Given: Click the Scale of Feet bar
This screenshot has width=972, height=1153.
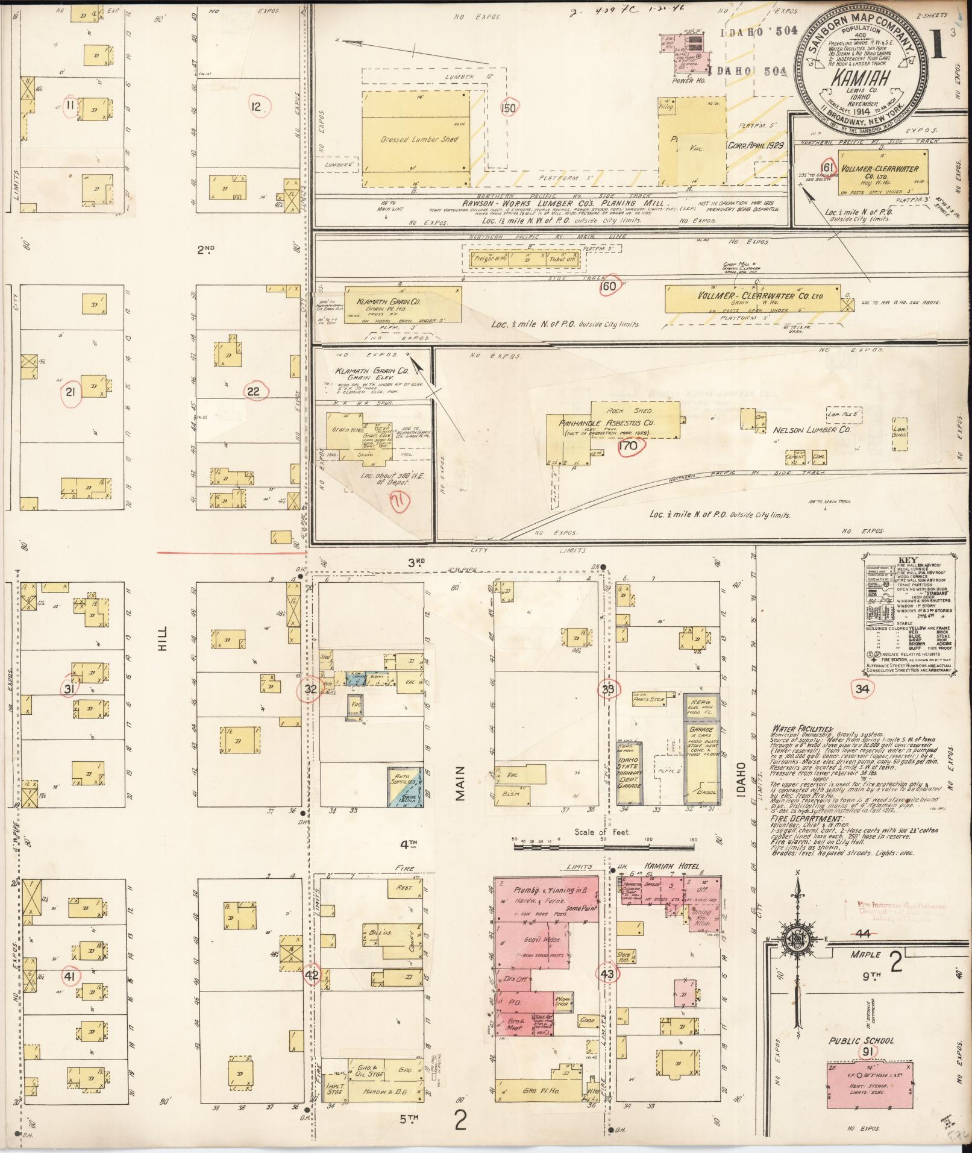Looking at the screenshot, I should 603,846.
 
